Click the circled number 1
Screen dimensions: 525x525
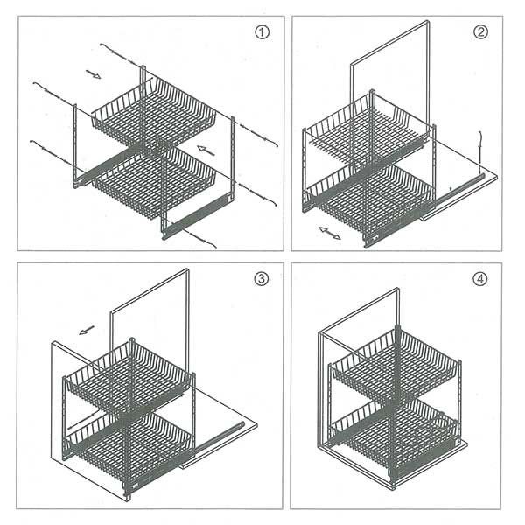pyautogui.click(x=262, y=32)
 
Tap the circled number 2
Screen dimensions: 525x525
pyautogui.click(x=480, y=32)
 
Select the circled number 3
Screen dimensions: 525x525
pyautogui.click(x=262, y=278)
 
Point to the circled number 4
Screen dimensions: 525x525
pyautogui.click(x=480, y=279)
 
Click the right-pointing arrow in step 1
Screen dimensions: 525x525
pyautogui.click(x=94, y=74)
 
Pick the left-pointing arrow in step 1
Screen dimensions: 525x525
pyautogui.click(x=206, y=150)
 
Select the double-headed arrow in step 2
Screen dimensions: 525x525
pyautogui.click(x=330, y=233)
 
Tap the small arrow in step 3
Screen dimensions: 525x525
pyautogui.click(x=87, y=330)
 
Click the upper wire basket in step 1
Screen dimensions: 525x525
pyautogui.click(x=154, y=113)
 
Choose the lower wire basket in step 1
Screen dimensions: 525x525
pyautogui.click(x=154, y=183)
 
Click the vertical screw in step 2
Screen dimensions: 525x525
pyautogui.click(x=480, y=152)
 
